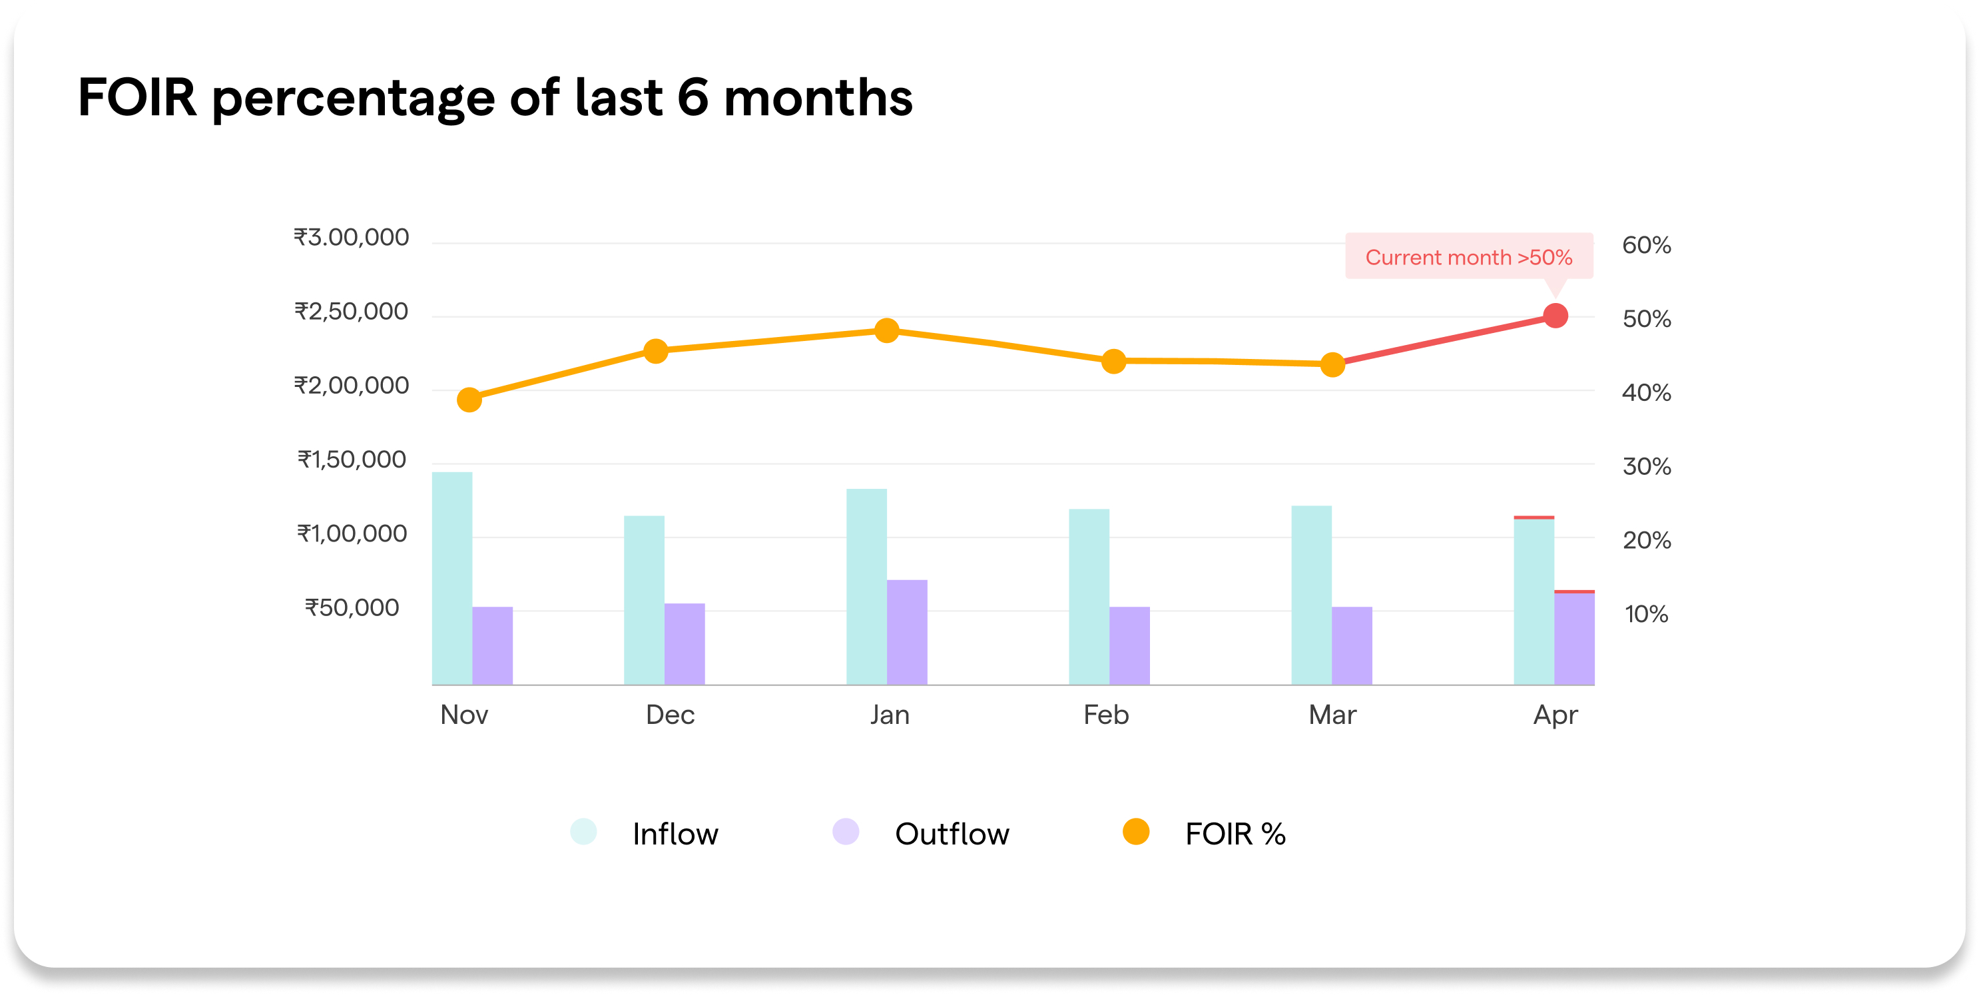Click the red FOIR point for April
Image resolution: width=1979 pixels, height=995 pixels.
click(x=1555, y=316)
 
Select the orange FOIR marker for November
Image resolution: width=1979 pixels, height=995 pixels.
click(x=469, y=400)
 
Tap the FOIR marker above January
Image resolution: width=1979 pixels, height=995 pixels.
click(x=886, y=330)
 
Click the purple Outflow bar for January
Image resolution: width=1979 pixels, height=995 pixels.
click(x=906, y=631)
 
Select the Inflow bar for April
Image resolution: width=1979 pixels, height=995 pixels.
click(x=1534, y=601)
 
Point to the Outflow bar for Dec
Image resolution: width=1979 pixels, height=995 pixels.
click(x=684, y=644)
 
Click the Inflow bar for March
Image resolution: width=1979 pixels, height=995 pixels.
click(x=1310, y=595)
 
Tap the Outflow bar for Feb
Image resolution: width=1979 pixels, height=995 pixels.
click(x=1129, y=645)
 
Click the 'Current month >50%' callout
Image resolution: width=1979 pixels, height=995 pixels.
click(x=1468, y=256)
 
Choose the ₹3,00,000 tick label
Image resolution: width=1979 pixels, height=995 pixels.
click(x=351, y=237)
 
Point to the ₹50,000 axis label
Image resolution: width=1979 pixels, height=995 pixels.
click(x=352, y=608)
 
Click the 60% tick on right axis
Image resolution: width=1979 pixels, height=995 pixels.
click(x=1645, y=245)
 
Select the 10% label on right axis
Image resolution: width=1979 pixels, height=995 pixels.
click(x=1645, y=614)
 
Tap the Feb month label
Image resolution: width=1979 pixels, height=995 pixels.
click(x=1105, y=715)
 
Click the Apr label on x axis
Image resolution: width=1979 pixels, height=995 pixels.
click(x=1555, y=715)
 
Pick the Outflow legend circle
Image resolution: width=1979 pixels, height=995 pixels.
click(x=845, y=832)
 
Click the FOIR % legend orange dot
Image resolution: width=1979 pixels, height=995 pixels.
click(x=1135, y=832)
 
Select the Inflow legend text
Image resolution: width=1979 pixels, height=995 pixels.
click(x=675, y=834)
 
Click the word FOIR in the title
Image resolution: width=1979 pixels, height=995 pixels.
click(x=137, y=98)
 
